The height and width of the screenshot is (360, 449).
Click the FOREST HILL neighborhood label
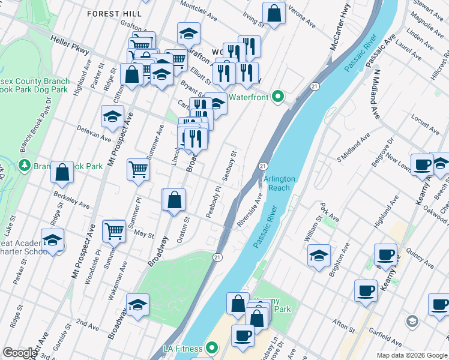click(x=114, y=13)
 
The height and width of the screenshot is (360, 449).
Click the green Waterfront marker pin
click(x=277, y=96)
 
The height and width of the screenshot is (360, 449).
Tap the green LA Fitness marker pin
click(x=212, y=348)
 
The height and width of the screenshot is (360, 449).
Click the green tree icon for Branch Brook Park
click(x=25, y=165)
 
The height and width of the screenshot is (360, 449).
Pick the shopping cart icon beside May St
click(x=114, y=230)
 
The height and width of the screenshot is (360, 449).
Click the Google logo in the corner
click(x=20, y=353)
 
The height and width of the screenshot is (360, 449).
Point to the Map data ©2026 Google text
click(x=411, y=355)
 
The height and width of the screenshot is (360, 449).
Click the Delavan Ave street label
click(x=94, y=133)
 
